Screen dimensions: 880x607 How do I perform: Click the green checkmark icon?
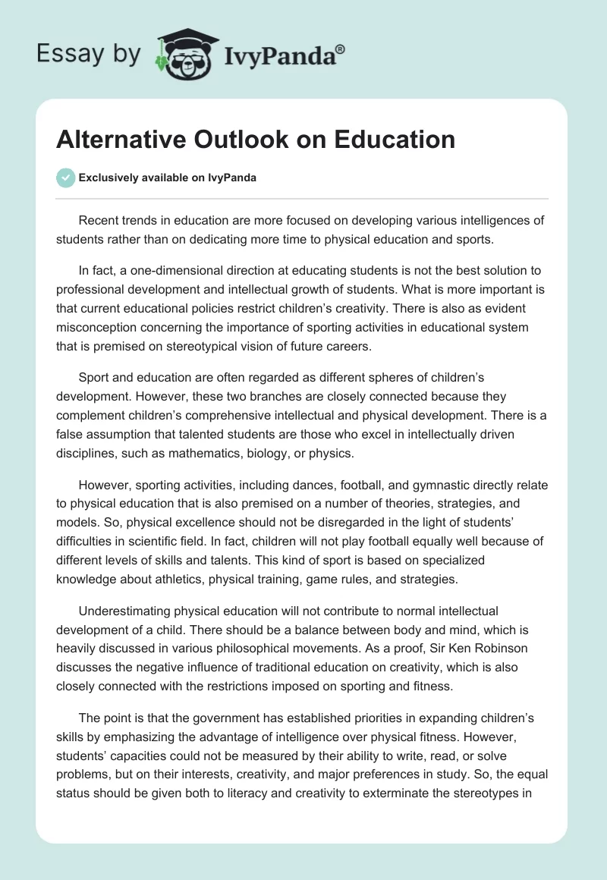(x=65, y=178)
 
